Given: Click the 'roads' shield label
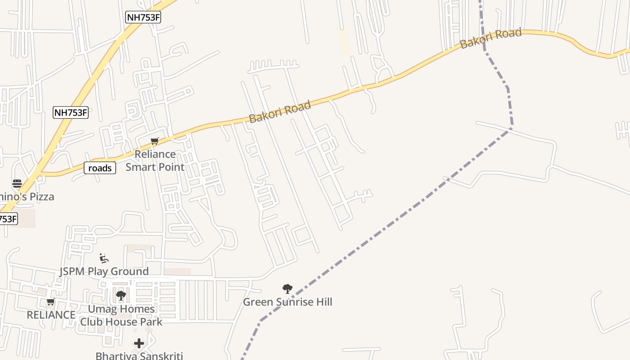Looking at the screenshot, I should tap(100, 168).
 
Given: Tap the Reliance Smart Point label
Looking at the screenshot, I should tap(155, 161).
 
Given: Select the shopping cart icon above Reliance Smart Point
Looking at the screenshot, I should tap(155, 141).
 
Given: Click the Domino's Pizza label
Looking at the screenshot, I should tap(27, 197).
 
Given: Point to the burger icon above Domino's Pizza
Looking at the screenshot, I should tap(17, 184).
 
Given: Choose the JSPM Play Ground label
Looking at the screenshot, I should tap(104, 271).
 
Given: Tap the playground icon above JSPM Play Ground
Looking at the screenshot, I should tap(104, 258).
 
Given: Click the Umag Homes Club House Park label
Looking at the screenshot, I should tap(121, 315).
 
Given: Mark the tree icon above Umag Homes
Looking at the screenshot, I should tap(121, 296).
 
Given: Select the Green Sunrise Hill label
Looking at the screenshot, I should tap(288, 302).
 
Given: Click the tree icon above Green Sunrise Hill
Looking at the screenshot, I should tap(288, 289).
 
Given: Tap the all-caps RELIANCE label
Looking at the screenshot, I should tap(51, 315).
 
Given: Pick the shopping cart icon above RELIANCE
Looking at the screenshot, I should tap(51, 301).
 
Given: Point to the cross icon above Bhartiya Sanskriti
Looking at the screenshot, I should tap(139, 344).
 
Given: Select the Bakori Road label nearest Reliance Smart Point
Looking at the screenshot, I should tap(280, 112).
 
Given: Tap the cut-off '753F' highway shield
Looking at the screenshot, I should tap(8, 219).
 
